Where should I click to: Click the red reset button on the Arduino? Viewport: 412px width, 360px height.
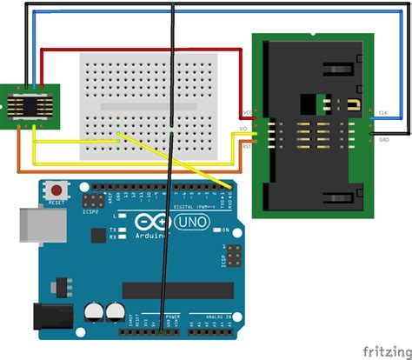pyautogui.click(x=58, y=190)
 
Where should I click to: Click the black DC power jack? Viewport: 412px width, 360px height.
pyautogui.click(x=49, y=317)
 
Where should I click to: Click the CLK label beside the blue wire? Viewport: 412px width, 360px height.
pyautogui.click(x=383, y=114)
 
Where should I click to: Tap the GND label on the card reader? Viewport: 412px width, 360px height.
pyautogui.click(x=383, y=138)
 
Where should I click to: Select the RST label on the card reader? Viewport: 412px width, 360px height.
pyautogui.click(x=246, y=149)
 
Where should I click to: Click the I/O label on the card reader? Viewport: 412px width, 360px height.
pyautogui.click(x=246, y=130)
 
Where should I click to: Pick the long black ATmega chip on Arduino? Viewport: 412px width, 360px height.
pyautogui.click(x=178, y=290)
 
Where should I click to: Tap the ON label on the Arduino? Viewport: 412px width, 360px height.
pyautogui.click(x=224, y=230)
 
